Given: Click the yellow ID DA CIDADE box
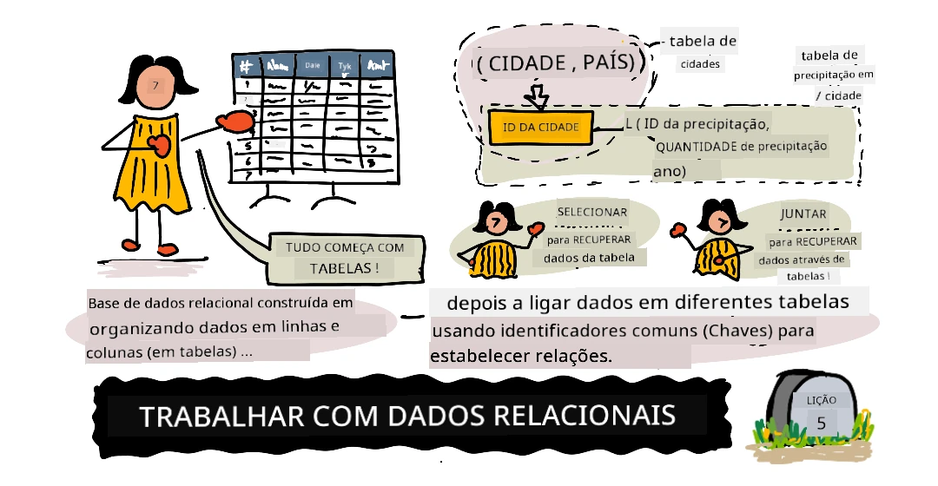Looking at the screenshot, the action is point(541,127).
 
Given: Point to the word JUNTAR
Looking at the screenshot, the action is point(803,214).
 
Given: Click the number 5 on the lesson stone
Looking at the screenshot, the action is point(822,424).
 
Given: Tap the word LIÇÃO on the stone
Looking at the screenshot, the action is point(822,400).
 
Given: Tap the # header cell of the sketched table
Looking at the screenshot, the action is point(246,66).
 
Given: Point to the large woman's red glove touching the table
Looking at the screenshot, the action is point(235,121).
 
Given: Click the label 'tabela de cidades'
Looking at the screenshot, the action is point(701,52).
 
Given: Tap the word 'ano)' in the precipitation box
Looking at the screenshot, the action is point(670,172).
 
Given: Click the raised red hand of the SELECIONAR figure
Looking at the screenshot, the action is point(534,227).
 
